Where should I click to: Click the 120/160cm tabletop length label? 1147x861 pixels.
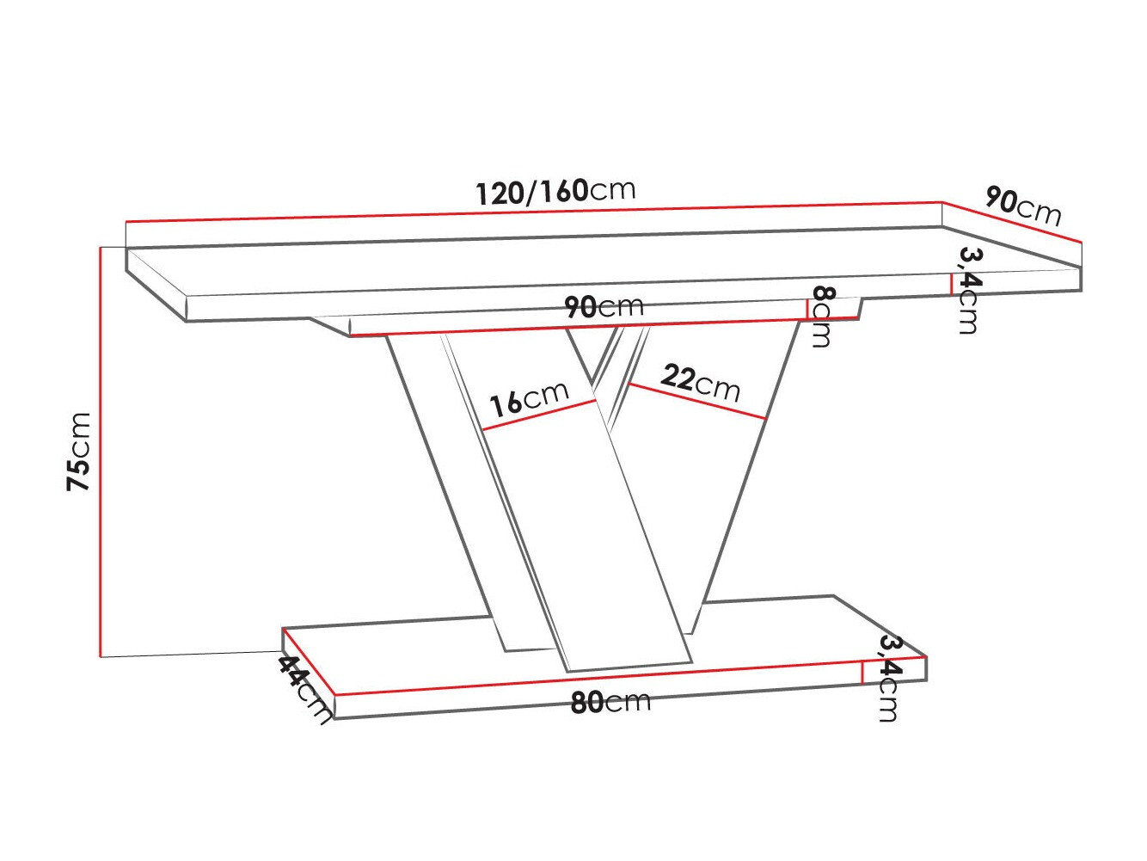[555, 191]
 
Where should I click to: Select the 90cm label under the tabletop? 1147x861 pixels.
[604, 306]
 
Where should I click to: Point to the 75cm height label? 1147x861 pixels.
[79, 451]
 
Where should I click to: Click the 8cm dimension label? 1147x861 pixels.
[821, 317]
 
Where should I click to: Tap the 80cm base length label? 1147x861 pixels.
[610, 702]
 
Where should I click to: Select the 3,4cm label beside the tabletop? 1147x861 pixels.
[969, 290]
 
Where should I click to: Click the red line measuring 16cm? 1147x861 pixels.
[539, 415]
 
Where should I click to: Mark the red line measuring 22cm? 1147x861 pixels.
[696, 402]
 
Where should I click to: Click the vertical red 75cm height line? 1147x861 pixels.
[101, 451]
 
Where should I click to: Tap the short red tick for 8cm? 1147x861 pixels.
[807, 309]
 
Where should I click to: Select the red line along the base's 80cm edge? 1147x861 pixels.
[602, 677]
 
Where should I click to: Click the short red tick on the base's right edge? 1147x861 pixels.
[862, 672]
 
